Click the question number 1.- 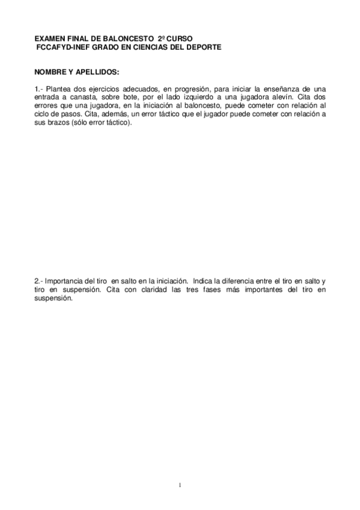[40, 88]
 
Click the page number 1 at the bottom [180, 485]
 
